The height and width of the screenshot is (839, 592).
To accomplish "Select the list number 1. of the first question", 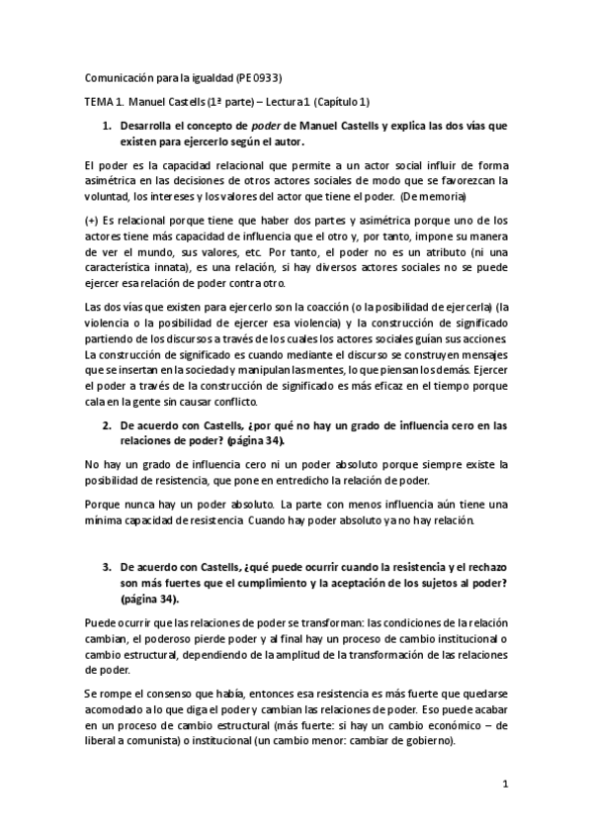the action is pyautogui.click(x=108, y=127).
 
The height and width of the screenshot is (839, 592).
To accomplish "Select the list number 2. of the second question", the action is pyautogui.click(x=108, y=426).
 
